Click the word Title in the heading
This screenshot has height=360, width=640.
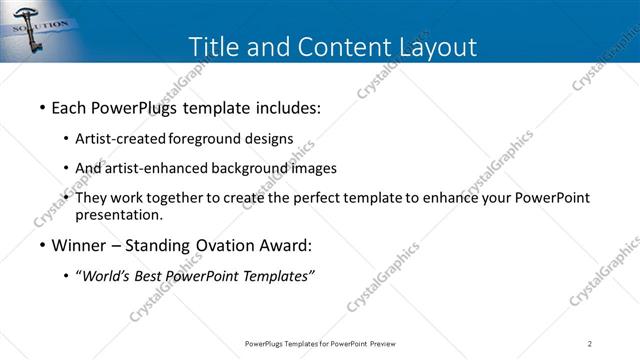(214, 47)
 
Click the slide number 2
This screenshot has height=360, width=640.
(590, 344)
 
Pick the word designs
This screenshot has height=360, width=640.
(271, 138)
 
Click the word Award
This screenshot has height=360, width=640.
(283, 245)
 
